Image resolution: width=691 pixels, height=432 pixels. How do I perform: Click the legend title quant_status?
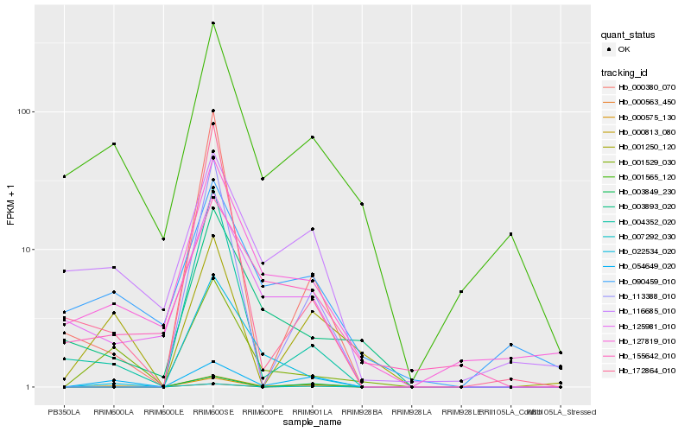point(628,35)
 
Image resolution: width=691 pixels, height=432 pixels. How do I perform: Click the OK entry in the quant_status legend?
point(623,49)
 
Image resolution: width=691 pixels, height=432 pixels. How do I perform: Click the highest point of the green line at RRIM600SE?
point(212,23)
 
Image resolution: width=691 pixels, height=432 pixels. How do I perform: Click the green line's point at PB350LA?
point(64,176)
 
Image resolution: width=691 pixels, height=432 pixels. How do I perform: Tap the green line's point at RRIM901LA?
point(312,137)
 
